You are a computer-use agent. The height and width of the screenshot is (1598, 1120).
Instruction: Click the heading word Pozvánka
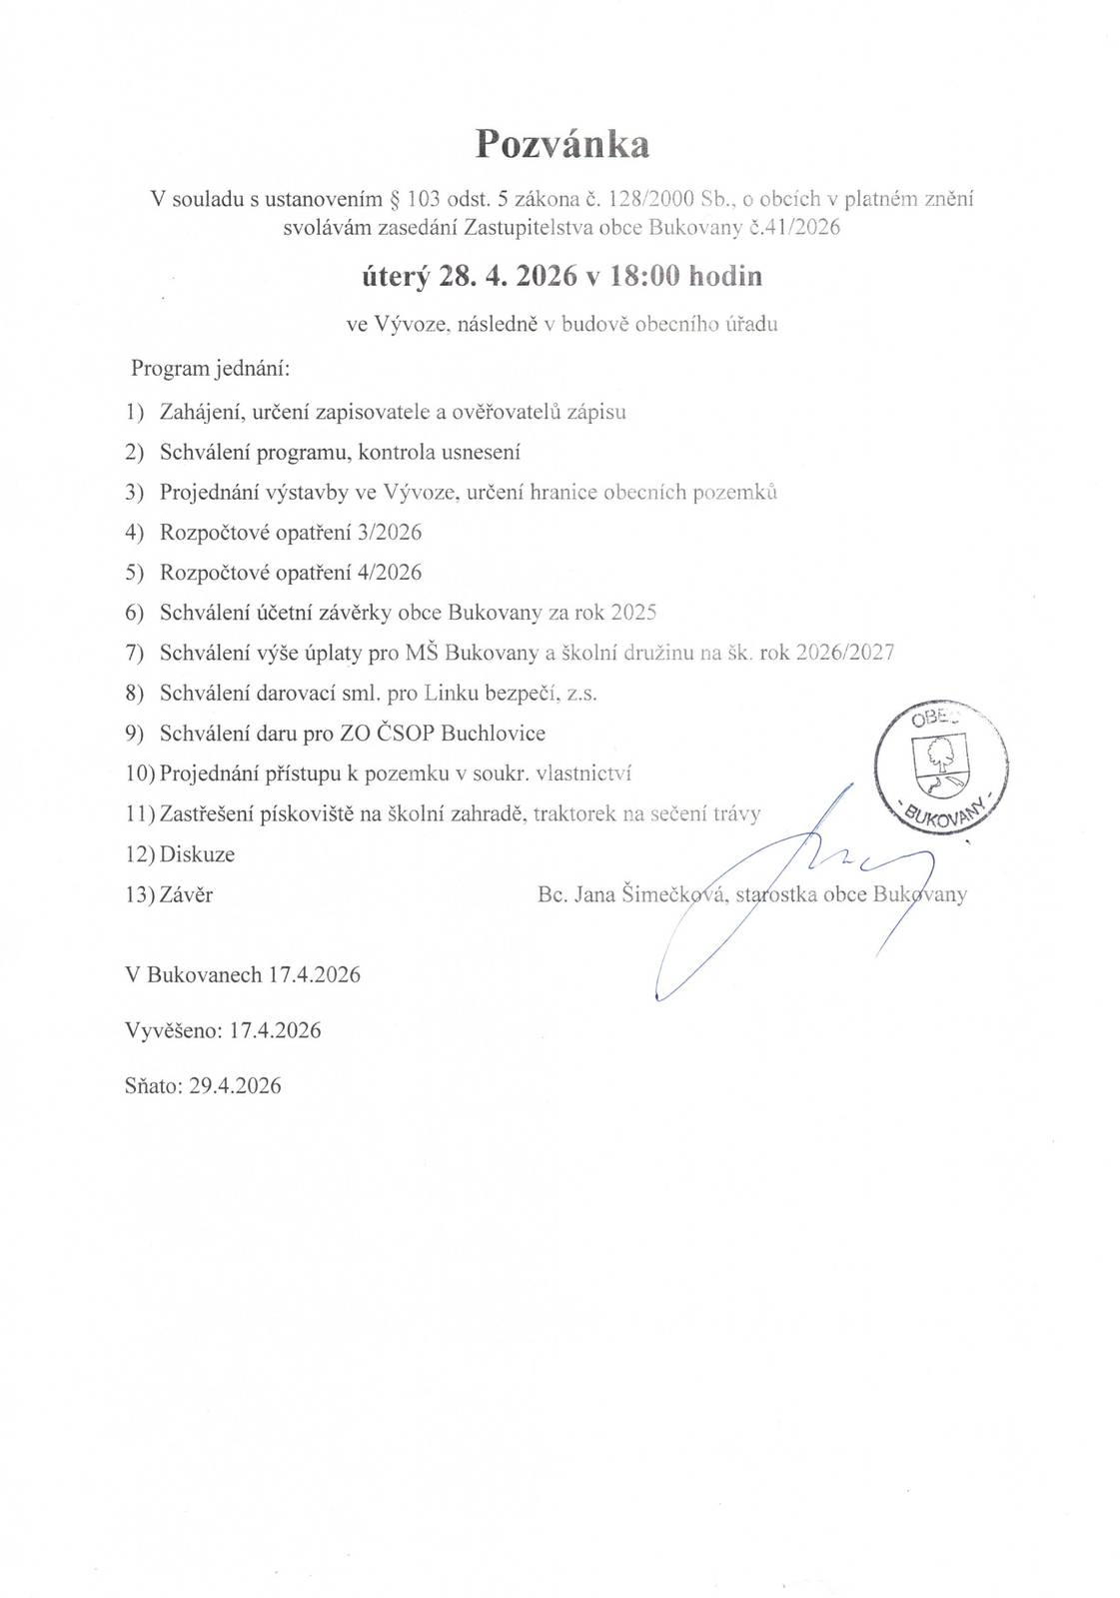pyautogui.click(x=561, y=145)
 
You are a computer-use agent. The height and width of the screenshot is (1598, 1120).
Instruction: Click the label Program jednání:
pyautogui.click(x=211, y=368)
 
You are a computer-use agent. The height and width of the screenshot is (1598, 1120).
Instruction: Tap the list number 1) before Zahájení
pyautogui.click(x=135, y=412)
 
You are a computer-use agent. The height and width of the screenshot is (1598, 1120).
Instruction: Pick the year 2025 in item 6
pyautogui.click(x=632, y=613)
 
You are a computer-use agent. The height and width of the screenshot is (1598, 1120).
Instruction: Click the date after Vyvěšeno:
pyautogui.click(x=275, y=1030)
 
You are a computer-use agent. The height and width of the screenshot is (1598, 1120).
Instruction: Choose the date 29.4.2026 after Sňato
pyautogui.click(x=235, y=1085)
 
